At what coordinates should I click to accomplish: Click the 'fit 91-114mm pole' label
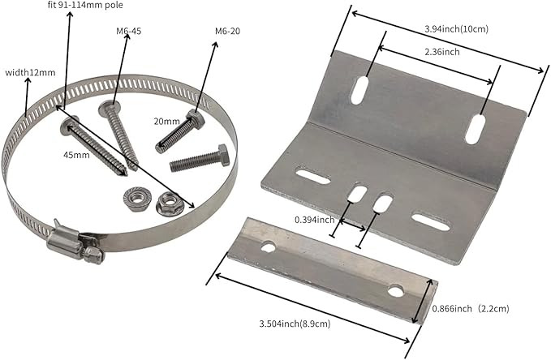85,6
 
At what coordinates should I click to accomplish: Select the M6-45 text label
128,32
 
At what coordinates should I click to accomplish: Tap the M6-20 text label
228,32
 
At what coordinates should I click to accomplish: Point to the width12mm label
30,73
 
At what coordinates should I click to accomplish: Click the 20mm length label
167,122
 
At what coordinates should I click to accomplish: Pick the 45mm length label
76,155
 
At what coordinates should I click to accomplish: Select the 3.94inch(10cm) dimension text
457,29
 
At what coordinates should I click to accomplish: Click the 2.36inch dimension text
442,52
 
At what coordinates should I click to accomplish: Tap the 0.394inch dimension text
315,220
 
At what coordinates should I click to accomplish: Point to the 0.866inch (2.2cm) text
470,309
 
